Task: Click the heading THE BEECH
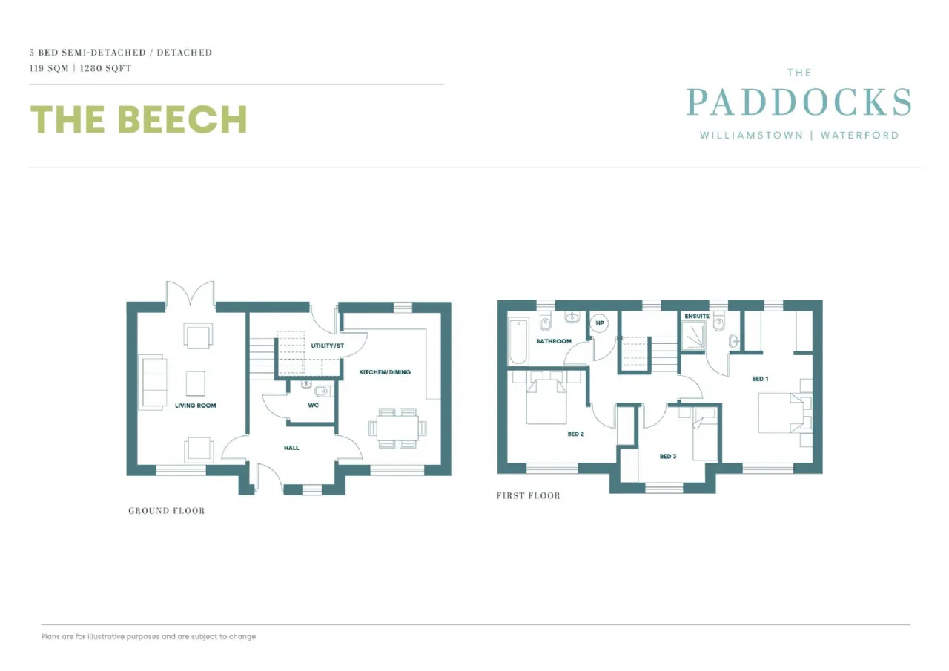[138, 119]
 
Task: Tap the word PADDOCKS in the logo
[798, 102]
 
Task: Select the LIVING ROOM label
[196, 406]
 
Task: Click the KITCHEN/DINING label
[385, 371]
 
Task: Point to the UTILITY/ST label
[327, 346]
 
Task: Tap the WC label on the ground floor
[313, 406]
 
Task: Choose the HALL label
[291, 448]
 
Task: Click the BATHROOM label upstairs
[555, 341]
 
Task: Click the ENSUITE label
[697, 317]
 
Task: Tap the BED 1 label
[760, 379]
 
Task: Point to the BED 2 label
[575, 434]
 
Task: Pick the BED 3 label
[668, 456]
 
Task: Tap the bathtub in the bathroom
[518, 340]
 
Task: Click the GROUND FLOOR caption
[166, 511]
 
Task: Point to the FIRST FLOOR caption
[528, 495]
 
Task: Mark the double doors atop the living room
[191, 294]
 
